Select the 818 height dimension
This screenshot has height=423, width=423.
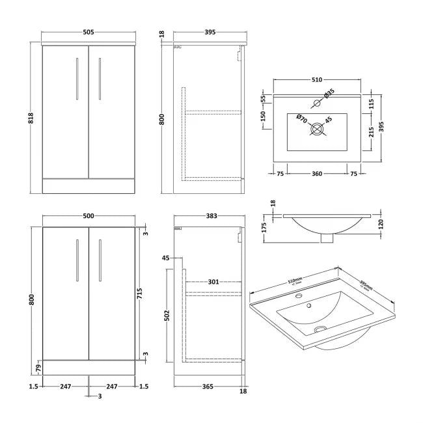30,117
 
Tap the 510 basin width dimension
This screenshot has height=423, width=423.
316,79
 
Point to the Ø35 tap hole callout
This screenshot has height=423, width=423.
329,94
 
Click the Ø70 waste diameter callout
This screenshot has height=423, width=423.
302,118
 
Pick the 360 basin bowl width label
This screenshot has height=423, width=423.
316,174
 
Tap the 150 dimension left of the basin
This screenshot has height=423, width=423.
264,116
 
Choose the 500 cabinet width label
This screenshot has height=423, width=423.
90,215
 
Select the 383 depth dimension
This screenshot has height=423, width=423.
208,215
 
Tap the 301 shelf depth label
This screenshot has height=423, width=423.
213,282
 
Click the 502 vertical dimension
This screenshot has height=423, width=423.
167,316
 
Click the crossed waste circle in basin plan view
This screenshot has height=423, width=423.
317,129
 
